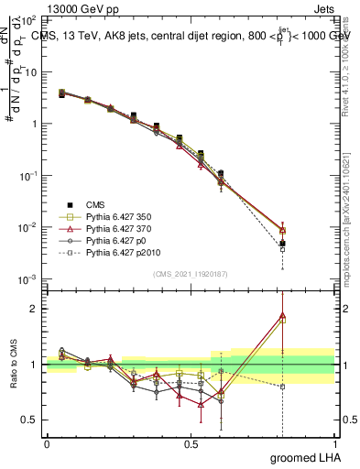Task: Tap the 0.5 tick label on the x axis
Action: tap(191, 442)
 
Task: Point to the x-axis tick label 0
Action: tap(47, 442)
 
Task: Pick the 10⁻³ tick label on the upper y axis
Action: tap(27, 278)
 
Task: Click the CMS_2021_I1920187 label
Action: tap(191, 271)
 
